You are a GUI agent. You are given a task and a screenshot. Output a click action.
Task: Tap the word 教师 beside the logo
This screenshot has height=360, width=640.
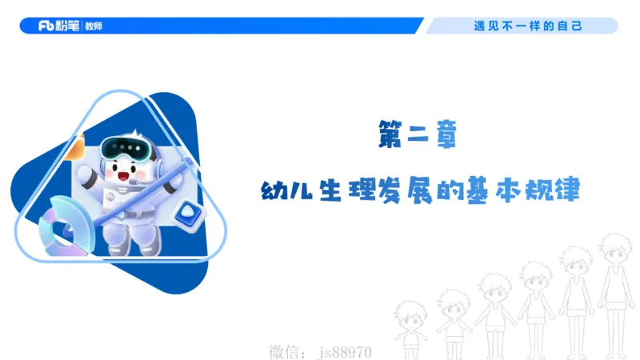click(92, 26)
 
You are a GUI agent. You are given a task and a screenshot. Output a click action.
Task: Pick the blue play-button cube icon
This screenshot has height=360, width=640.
click(190, 212)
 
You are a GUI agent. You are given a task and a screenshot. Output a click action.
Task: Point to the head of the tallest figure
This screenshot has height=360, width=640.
click(614, 243)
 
